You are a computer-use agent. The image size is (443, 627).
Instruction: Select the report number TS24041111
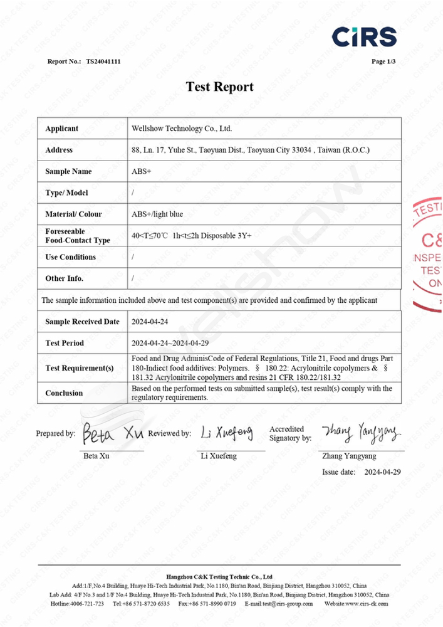tap(103, 61)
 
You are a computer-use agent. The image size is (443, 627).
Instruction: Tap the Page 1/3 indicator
tap(383, 61)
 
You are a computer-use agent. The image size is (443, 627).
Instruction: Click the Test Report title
tap(220, 87)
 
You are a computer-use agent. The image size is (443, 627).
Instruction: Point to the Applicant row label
tap(62, 129)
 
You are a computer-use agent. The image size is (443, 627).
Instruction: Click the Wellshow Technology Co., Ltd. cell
tap(182, 129)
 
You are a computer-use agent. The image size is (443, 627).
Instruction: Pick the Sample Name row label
tap(68, 171)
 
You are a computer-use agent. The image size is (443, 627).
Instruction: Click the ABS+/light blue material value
tap(157, 214)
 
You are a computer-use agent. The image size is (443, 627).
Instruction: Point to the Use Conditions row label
tap(70, 257)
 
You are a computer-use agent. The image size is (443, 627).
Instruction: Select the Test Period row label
tap(65, 343)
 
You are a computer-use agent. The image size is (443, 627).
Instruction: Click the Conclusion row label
tap(64, 393)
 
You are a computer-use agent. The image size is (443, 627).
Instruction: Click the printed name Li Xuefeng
tap(219, 456)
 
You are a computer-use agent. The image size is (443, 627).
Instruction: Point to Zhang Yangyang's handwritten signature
tap(361, 431)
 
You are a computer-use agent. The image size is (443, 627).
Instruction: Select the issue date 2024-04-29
tap(382, 471)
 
